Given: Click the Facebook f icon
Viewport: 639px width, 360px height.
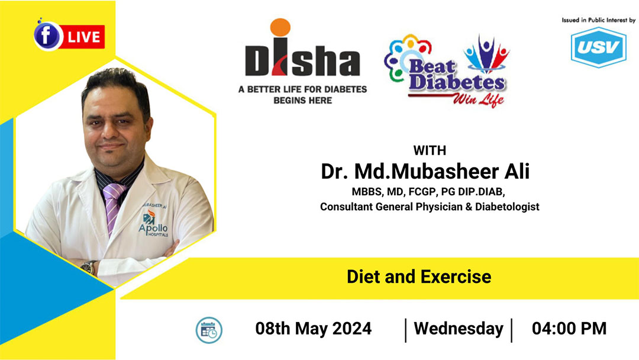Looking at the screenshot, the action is [x=47, y=36].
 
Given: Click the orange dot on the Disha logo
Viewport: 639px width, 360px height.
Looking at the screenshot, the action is [x=280, y=27].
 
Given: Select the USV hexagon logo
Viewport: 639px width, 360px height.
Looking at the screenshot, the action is [x=598, y=47].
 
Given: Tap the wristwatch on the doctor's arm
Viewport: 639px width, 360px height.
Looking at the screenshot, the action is [x=88, y=267].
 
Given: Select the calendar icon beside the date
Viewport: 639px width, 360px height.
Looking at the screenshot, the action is [x=209, y=330].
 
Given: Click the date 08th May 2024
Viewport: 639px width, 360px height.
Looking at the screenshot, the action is [x=314, y=329].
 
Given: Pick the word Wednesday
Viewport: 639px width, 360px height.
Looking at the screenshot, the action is [x=459, y=329].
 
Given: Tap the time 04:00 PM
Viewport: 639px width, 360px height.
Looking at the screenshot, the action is [x=569, y=329].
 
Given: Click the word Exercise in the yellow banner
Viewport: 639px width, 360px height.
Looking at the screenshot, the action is [x=456, y=277].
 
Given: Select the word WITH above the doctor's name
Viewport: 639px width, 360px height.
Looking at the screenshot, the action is [x=430, y=150].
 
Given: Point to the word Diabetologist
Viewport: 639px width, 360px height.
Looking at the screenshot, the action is [x=507, y=207].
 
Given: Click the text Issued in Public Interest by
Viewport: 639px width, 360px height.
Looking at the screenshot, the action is [x=598, y=20].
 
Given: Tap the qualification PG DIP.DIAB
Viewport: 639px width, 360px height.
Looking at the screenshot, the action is [x=473, y=192].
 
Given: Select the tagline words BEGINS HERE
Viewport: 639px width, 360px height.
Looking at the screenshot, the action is [x=303, y=100].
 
